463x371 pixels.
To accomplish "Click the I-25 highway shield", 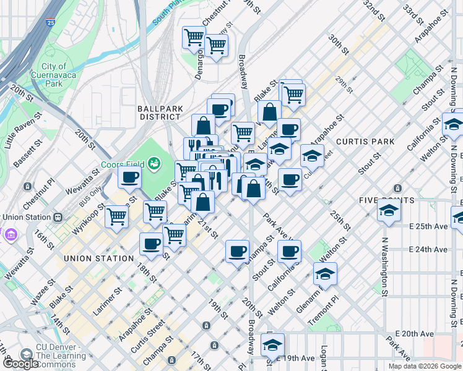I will click(50, 22).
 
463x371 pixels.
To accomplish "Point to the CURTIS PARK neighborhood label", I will click(365, 142).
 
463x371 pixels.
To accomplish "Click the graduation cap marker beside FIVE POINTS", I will click(388, 211).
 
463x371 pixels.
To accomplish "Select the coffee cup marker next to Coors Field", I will click(130, 178).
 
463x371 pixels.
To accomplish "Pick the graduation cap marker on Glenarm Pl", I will click(325, 273).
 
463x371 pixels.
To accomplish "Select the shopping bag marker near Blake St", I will click(269, 113).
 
